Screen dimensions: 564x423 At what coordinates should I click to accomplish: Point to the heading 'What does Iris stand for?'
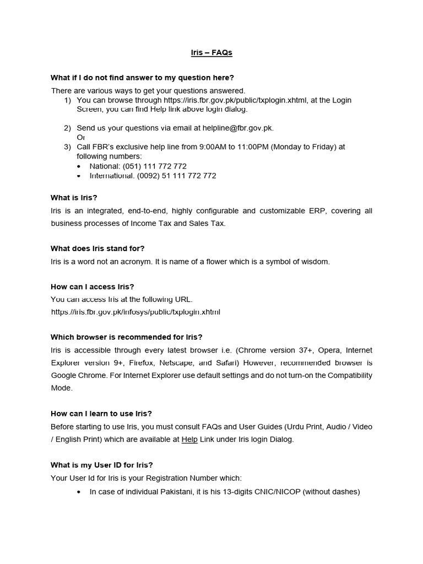[x=97, y=248]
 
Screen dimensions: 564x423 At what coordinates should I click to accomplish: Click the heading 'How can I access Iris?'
[x=93, y=286]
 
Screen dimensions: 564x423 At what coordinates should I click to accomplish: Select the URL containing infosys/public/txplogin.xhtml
[x=135, y=312]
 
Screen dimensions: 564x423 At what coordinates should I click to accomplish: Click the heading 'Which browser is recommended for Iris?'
[x=127, y=337]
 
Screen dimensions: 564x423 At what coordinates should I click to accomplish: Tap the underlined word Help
[x=189, y=439]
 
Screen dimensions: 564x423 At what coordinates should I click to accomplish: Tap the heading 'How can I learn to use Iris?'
[x=101, y=414]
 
